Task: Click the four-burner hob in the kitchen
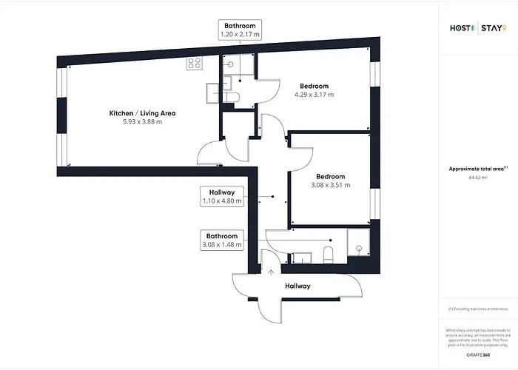195,64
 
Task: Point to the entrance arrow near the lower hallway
260,273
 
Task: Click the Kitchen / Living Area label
142,113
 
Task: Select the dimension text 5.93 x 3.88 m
142,122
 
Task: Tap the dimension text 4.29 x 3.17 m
314,95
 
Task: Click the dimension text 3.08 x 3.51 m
330,185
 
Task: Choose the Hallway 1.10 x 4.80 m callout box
221,196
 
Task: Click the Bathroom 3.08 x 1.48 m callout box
221,240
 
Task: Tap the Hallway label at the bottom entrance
297,286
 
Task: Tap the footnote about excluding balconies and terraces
477,309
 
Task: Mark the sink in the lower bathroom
302,258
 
